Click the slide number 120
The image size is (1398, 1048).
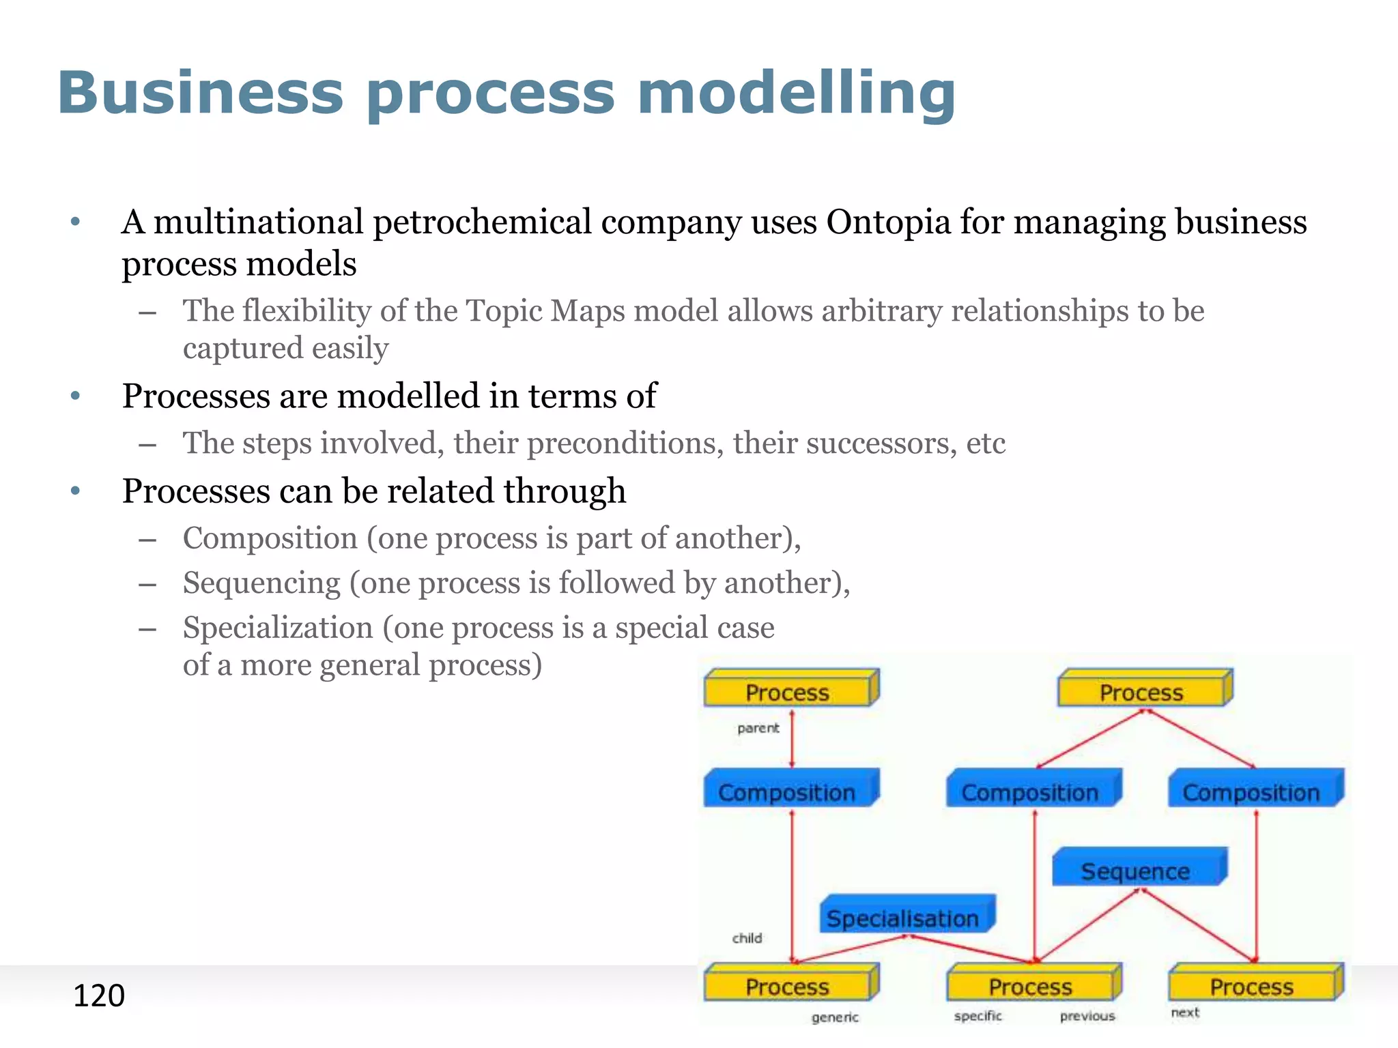pos(99,995)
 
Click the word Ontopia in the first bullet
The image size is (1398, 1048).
pos(888,222)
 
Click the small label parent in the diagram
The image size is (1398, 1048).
pos(758,728)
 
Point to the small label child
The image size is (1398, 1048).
pos(747,938)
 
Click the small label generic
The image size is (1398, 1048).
pos(835,1017)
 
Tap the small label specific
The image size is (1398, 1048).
pos(978,1016)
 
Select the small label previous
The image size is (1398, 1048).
pos(1087,1016)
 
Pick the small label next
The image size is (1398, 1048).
pos(1185,1013)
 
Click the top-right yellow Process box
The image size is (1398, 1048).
pos(1143,690)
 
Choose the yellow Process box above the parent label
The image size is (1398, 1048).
pos(790,690)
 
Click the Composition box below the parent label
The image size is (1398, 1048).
pos(790,789)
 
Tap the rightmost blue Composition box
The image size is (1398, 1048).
pos(1254,789)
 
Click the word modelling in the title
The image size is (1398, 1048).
pos(796,93)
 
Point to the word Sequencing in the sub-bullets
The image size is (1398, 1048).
pos(261,583)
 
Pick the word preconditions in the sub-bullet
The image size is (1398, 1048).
pos(625,443)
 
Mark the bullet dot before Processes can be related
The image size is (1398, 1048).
pos(76,491)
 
